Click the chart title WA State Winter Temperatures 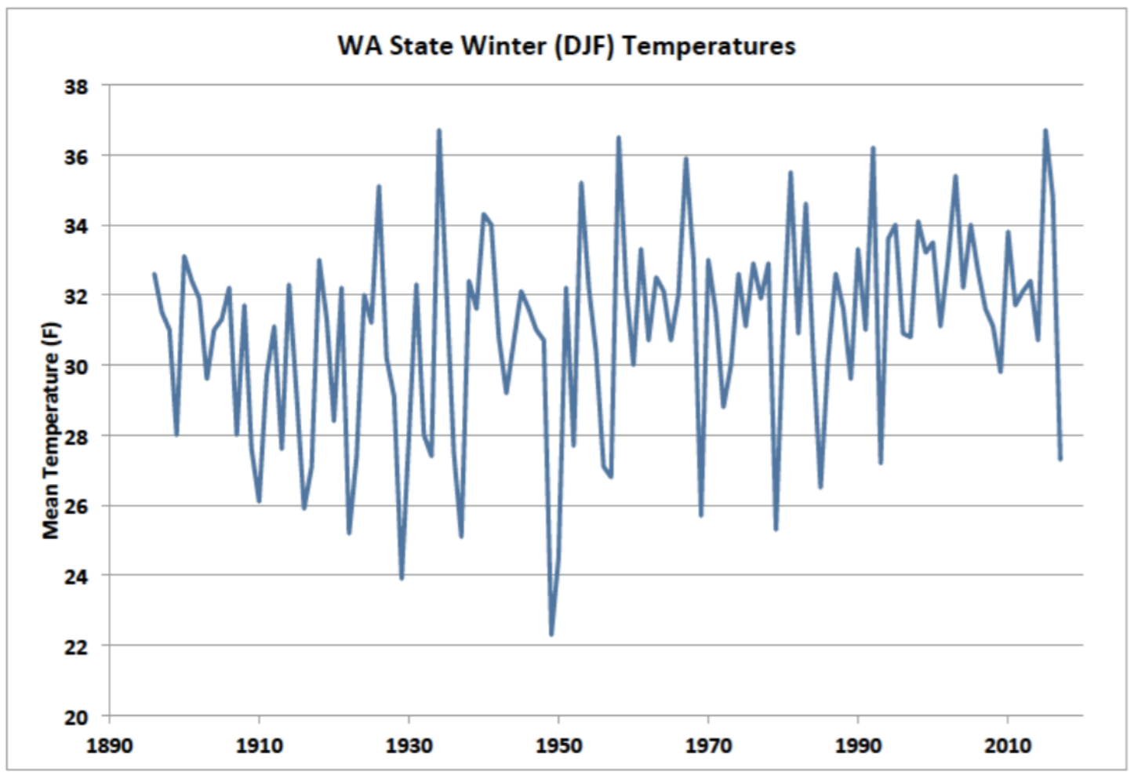click(x=566, y=46)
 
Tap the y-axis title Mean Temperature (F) click(x=51, y=430)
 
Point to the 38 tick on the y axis click(x=76, y=86)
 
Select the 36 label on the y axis click(x=76, y=156)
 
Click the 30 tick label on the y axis click(x=76, y=366)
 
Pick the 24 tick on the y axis click(x=76, y=577)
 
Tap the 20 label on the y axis click(x=76, y=717)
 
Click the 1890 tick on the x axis click(x=109, y=745)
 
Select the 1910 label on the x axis click(x=259, y=745)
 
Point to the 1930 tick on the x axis click(x=409, y=745)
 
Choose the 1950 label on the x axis click(x=558, y=745)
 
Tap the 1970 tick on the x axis click(x=708, y=745)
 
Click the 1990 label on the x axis click(x=858, y=745)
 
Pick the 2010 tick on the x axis click(x=1008, y=745)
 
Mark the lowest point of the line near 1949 click(x=551, y=634)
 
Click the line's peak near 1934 click(x=439, y=130)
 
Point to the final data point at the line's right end click(x=1060, y=459)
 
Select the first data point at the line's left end click(x=154, y=274)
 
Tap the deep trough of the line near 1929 click(x=402, y=578)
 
